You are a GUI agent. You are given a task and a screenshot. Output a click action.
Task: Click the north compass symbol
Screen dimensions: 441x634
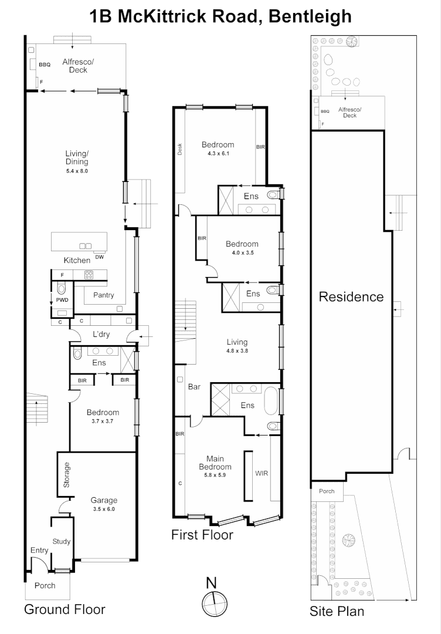point(215,603)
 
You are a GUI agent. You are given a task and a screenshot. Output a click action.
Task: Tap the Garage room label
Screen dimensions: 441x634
point(104,500)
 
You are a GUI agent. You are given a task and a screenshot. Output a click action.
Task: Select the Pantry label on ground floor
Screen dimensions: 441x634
point(103,295)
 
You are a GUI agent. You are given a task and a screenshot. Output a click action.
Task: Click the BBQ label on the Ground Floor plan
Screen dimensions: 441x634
point(45,65)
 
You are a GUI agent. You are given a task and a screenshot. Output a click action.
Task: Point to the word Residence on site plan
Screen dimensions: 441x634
point(351,297)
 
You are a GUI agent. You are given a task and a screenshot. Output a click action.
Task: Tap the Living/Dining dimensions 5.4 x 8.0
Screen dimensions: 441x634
point(77,171)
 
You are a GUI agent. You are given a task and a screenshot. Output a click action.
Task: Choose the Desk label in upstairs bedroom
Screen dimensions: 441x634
point(179,149)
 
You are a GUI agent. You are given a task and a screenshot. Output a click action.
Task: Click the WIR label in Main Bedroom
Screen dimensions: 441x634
point(262,473)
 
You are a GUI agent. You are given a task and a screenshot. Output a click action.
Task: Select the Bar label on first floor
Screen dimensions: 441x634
point(194,387)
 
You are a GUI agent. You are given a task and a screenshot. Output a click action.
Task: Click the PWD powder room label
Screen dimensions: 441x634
point(62,300)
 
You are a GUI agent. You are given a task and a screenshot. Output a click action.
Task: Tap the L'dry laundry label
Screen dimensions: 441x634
point(101,335)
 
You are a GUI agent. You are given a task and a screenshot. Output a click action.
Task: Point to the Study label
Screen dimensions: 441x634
point(62,541)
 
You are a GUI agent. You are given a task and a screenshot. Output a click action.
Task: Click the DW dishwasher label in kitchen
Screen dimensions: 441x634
point(99,257)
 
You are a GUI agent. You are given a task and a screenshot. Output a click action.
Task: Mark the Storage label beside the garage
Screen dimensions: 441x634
point(67,474)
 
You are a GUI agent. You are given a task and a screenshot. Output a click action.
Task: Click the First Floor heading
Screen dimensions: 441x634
point(202,535)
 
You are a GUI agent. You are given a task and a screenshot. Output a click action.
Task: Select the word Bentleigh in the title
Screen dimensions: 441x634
point(310,16)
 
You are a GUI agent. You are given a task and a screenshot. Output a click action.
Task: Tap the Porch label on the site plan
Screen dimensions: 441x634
point(327,491)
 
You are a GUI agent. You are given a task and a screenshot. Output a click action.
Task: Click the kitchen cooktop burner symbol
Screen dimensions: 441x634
point(89,275)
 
